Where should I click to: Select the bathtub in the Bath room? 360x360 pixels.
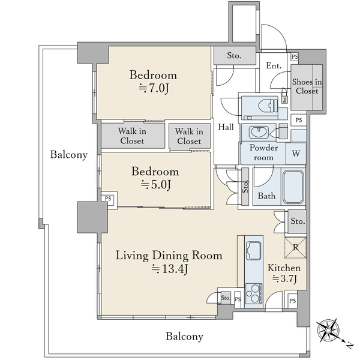(x=293, y=187)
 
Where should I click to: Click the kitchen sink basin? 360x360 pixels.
(x=253, y=250)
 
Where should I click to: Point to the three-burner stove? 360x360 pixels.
(x=254, y=295)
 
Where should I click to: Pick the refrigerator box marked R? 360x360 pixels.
(x=296, y=248)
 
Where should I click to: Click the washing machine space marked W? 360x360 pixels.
(x=296, y=154)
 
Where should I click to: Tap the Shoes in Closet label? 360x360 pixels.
(x=307, y=86)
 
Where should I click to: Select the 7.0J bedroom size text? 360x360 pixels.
(x=154, y=88)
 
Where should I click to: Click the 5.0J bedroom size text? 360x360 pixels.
(x=156, y=185)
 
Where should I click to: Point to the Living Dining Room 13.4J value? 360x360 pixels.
(x=170, y=269)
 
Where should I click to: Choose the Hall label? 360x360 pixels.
(x=226, y=127)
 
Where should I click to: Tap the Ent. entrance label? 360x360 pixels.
(x=274, y=66)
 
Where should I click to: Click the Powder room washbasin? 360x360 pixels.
(x=259, y=132)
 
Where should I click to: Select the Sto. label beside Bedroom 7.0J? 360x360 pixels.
(x=234, y=55)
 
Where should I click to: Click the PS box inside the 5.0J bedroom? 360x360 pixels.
(x=109, y=199)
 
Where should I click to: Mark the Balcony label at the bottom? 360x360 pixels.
(x=185, y=337)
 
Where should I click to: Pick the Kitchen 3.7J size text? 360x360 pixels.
(x=284, y=279)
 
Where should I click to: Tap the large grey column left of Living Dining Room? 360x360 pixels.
(x=92, y=217)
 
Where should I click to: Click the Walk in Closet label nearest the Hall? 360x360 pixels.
(x=189, y=136)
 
